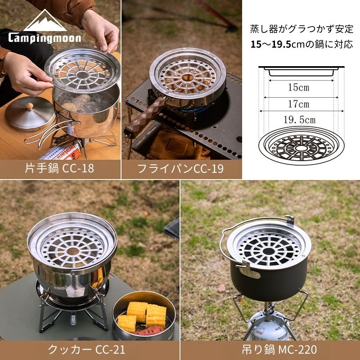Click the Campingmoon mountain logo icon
pyautogui.click(x=45, y=21)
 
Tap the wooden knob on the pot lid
pyautogui.click(x=29, y=106)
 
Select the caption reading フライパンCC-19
pyautogui.click(x=180, y=169)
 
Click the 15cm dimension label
pyautogui.click(x=299, y=87)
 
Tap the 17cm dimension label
pyautogui.click(x=299, y=104)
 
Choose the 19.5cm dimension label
pyautogui.click(x=300, y=120)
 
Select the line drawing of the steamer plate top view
pyautogui.click(x=301, y=145)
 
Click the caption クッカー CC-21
pyautogui.click(x=86, y=350)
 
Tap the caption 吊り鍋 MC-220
pyautogui.click(x=279, y=350)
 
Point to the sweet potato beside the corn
pyautogui.click(x=149, y=331)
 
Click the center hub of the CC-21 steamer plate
pyautogui.click(x=73, y=251)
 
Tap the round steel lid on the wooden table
pyautogui.click(x=30, y=114)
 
